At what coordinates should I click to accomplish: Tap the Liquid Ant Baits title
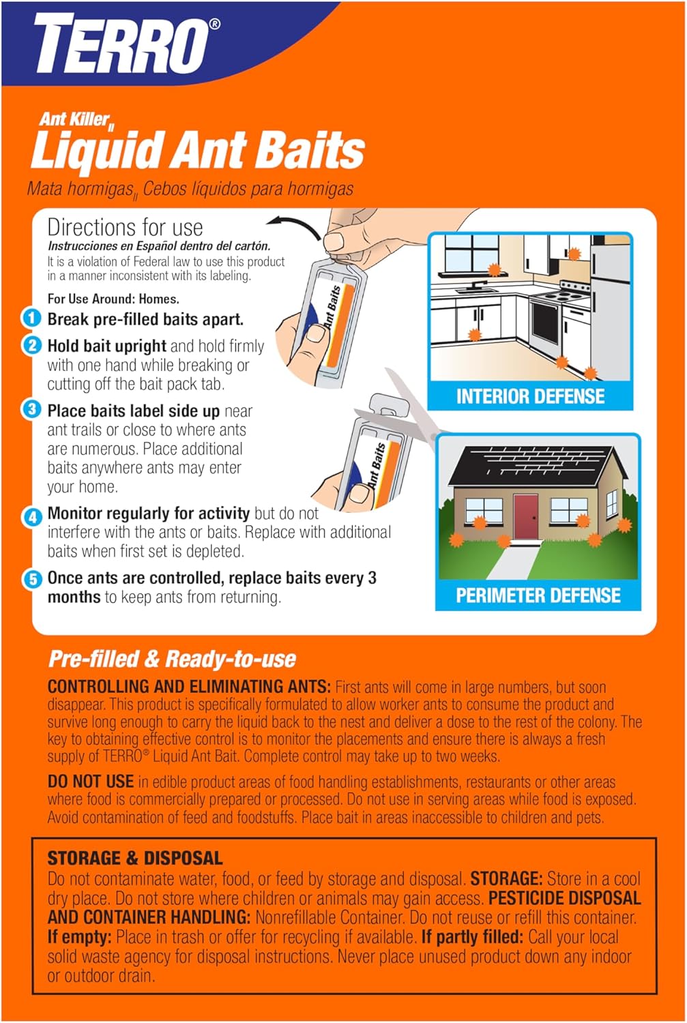point(198,150)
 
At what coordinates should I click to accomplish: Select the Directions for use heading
point(125,227)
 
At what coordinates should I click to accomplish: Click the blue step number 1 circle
point(31,318)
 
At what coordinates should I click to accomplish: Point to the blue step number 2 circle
point(31,345)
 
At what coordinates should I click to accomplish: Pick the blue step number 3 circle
point(31,410)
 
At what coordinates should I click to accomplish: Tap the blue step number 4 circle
point(32,516)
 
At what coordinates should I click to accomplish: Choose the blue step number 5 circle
point(32,580)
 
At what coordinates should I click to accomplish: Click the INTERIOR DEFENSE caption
point(530,396)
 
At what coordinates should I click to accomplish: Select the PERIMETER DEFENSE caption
point(538,595)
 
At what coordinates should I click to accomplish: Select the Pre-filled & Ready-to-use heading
point(172,659)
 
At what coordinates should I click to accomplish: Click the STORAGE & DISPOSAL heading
point(135,858)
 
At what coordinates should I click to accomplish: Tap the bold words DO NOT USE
point(91,782)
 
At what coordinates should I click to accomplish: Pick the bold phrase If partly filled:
point(472,937)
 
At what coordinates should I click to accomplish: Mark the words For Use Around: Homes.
point(113,299)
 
